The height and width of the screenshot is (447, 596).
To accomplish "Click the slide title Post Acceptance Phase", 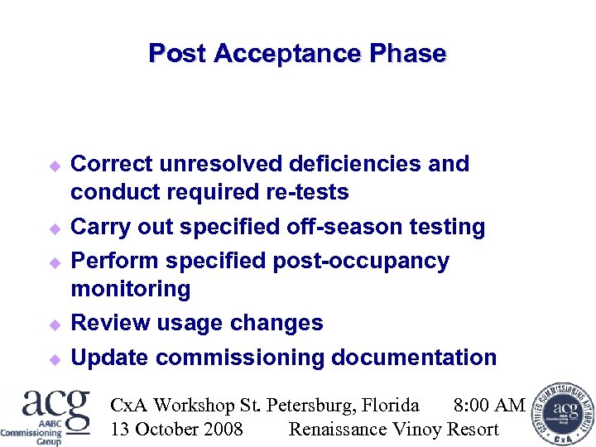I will [x=297, y=54].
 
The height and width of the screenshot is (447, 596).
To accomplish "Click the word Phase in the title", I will [x=408, y=54].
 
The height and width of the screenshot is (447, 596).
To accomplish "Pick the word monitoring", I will [x=131, y=289].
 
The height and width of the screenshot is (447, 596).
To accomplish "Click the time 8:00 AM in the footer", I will [x=489, y=406].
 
